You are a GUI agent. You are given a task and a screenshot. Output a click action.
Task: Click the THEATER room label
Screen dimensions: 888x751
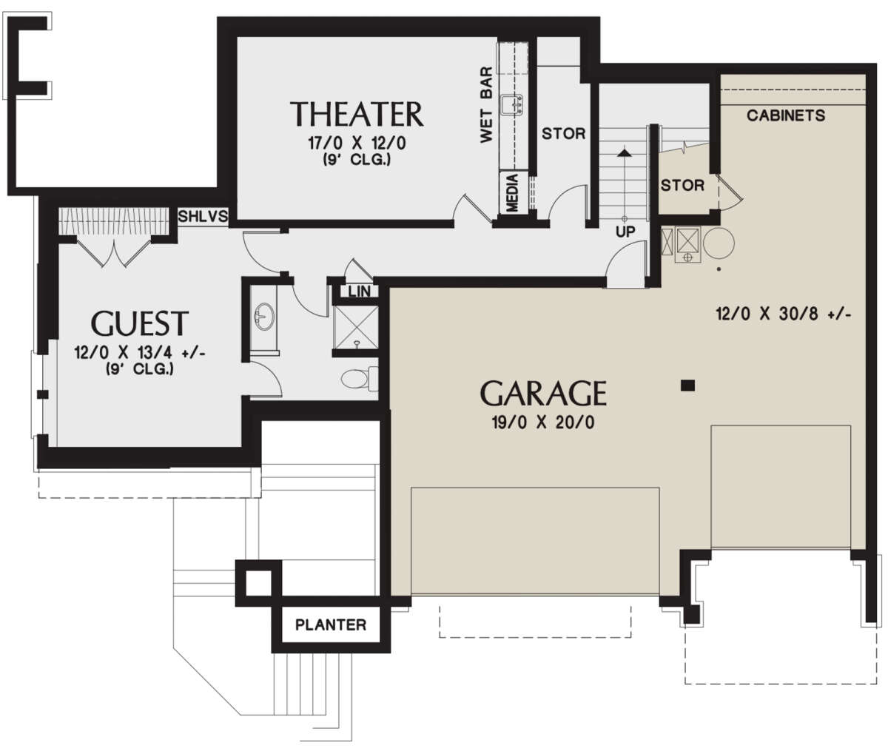tap(357, 114)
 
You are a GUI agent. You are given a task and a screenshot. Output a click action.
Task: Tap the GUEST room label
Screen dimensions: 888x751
tap(140, 323)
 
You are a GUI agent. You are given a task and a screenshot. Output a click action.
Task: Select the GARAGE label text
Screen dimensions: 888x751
tap(543, 393)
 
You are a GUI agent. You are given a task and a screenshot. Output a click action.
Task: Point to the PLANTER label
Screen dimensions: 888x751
tap(331, 624)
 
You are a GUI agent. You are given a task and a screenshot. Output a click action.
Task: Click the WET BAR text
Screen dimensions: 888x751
tap(486, 104)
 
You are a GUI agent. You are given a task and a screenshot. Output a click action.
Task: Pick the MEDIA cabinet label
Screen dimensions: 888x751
tap(512, 193)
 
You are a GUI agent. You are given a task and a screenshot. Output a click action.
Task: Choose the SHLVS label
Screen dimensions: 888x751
tap(203, 215)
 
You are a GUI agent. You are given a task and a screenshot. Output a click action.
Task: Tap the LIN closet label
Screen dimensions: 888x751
tap(359, 292)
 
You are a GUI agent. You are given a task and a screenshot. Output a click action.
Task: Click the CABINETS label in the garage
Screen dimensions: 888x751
tap(786, 115)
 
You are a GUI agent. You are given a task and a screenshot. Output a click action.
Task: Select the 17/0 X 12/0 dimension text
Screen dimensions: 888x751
tap(357, 143)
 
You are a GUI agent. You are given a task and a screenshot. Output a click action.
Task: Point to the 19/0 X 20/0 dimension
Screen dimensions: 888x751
tap(543, 422)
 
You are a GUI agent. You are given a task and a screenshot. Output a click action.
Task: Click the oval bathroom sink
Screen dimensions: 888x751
tap(263, 317)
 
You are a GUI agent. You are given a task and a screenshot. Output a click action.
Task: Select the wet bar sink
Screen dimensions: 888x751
tap(511, 105)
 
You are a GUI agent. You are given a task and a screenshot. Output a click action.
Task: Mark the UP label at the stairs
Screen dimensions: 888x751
tap(625, 232)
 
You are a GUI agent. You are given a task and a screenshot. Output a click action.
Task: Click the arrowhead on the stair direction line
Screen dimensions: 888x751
tap(625, 152)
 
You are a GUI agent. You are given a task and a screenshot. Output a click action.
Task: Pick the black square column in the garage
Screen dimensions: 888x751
tap(687, 385)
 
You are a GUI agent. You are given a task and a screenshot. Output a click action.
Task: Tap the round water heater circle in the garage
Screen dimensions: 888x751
tap(719, 243)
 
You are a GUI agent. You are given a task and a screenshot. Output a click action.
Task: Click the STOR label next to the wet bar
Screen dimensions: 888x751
tap(563, 134)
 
